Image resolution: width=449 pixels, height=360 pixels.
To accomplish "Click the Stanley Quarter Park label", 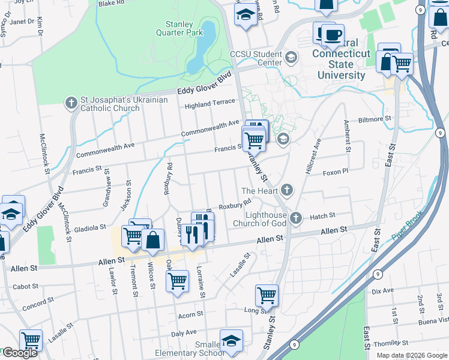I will [x=175, y=28].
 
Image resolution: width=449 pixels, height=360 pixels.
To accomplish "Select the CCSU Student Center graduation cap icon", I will [x=291, y=58].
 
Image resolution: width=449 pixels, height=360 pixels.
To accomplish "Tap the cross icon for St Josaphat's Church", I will [x=71, y=103].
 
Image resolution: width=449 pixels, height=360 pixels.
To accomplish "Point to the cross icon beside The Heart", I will [x=287, y=191].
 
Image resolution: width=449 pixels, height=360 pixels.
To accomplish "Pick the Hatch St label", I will [x=322, y=215].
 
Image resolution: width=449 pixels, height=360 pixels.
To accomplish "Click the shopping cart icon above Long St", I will [x=267, y=295].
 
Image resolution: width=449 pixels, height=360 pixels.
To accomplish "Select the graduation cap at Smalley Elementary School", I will [x=231, y=341].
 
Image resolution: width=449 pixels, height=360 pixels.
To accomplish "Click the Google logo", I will [x=20, y=353].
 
